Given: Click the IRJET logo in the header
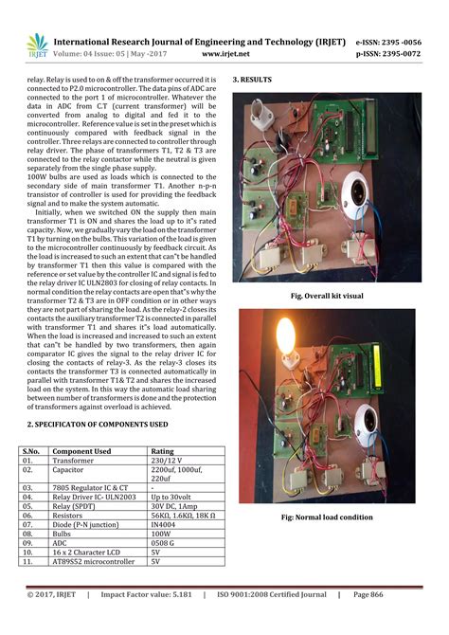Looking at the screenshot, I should point(37,45).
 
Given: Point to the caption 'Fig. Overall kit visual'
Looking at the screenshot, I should point(327,297).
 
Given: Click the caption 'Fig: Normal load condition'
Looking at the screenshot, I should point(328,517).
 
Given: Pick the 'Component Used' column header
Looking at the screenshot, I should point(81,451).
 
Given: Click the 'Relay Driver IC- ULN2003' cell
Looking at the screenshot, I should point(94,497).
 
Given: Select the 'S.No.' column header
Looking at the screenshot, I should point(32,451).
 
